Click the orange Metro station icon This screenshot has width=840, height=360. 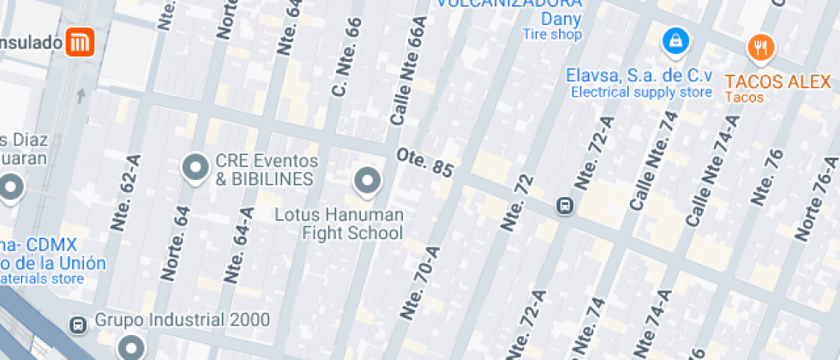(80, 42)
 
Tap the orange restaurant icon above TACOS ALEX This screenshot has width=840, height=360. (759, 49)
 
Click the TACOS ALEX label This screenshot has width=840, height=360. (777, 82)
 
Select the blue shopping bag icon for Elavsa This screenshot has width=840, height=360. (675, 39)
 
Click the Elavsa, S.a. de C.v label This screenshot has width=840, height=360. (639, 74)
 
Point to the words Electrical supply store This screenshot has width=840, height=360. (641, 92)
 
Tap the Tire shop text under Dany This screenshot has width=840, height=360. (552, 35)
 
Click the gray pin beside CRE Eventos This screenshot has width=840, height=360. (196, 168)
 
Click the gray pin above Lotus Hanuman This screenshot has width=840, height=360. (368, 181)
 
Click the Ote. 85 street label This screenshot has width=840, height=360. (424, 163)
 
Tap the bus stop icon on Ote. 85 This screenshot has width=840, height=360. (565, 206)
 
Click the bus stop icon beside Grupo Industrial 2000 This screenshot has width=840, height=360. (78, 325)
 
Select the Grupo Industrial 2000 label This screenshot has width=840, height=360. (182, 321)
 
